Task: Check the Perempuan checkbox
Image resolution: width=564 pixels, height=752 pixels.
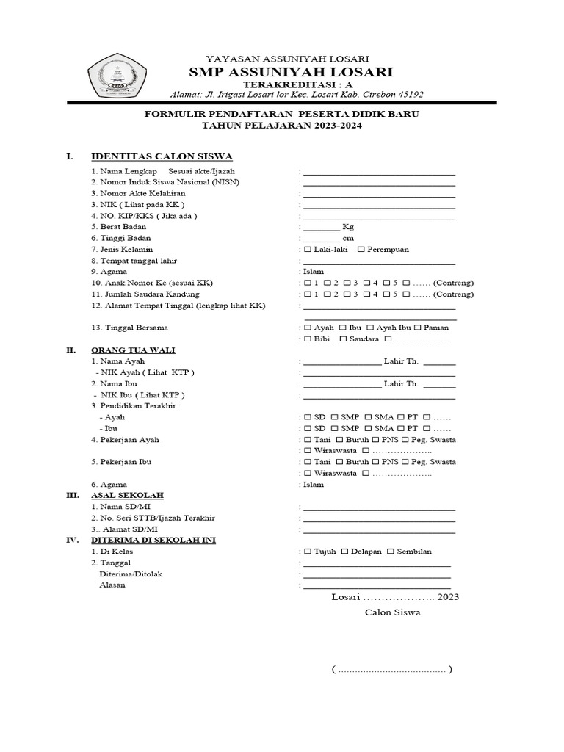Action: coord(361,250)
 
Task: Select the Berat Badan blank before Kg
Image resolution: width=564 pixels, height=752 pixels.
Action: coord(322,228)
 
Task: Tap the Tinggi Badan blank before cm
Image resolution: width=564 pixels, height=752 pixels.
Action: coord(322,239)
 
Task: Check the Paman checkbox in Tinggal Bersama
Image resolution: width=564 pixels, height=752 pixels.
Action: coord(418,328)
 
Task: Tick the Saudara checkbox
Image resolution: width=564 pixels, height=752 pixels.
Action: coord(343,339)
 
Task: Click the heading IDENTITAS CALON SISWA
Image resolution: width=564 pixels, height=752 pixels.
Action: coord(162,156)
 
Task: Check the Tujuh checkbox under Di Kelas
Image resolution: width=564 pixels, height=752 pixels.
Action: coord(308,552)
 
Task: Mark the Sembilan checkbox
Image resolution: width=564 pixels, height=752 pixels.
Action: coord(391,552)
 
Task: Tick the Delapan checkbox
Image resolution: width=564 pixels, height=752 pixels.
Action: coord(345,552)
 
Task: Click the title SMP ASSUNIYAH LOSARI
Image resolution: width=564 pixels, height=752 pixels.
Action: coord(291,71)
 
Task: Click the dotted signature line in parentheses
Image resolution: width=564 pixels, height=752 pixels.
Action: coord(391,670)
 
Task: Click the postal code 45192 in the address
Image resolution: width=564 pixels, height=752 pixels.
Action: coord(408,94)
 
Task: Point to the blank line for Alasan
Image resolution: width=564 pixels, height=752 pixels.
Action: coord(377,585)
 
